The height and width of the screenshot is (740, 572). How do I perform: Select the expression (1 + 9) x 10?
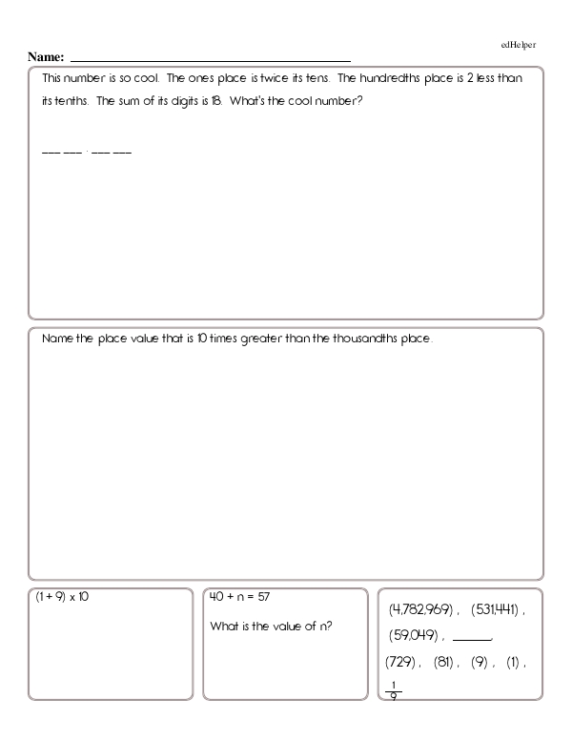(61, 597)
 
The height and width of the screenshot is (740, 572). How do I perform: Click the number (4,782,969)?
(420, 608)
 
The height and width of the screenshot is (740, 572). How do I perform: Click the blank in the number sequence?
(472, 636)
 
